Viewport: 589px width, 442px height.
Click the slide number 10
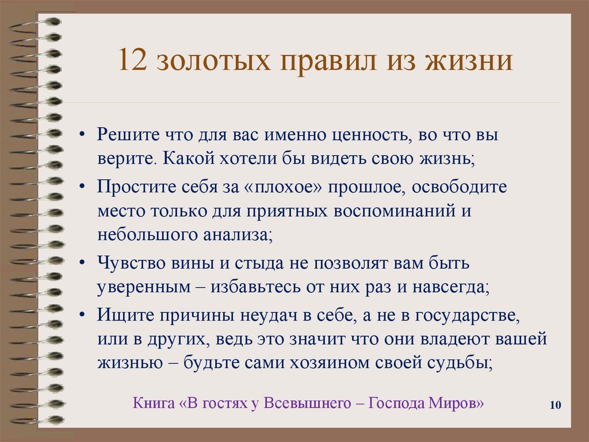pos(555,406)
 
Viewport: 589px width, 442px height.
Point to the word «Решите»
pos(127,135)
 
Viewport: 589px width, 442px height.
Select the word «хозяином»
pos(349,363)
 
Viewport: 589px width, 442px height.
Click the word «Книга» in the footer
pos(154,402)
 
